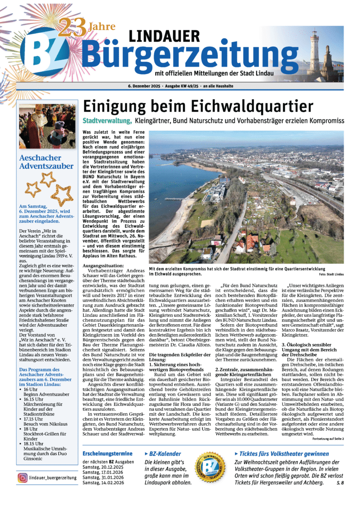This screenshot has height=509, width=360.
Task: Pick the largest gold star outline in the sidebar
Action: click(x=61, y=194)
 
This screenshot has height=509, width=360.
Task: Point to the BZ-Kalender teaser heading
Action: click(x=165, y=454)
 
